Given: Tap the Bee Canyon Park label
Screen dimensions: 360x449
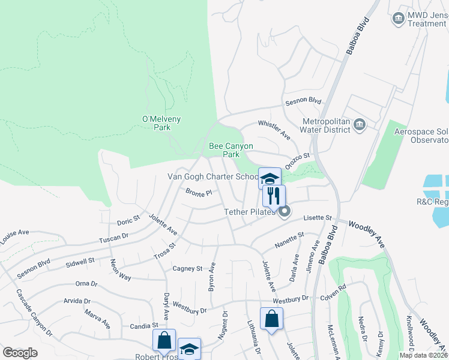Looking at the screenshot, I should coord(231,150).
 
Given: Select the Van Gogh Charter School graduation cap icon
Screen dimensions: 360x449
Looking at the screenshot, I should coord(270,178).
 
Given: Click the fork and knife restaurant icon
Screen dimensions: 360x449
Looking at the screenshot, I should coord(274,195).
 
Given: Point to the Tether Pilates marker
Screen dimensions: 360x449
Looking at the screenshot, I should coord(284,211).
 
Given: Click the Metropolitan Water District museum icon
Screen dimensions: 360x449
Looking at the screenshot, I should coord(360,125).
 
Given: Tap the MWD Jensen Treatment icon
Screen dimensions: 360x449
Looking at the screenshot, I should coord(398,19).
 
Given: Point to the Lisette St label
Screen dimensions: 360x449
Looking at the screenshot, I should coord(318,218).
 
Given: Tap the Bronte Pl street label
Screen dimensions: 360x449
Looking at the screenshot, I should coord(199,193).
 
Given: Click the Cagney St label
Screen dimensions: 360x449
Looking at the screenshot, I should coord(187,268).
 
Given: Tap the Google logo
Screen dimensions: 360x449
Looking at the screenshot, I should coord(20,353).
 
